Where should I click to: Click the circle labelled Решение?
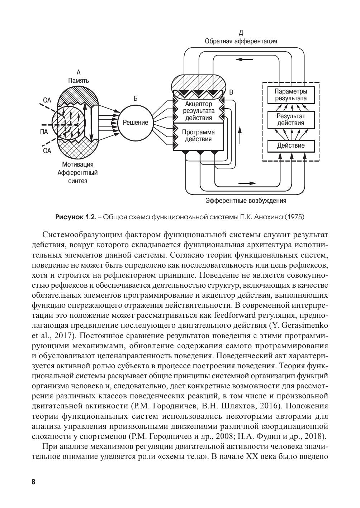pos(135,123)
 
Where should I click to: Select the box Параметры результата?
pos(291,95)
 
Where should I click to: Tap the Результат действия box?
pos(291,120)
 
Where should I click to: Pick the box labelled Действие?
pos(291,145)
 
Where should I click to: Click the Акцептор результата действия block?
pos(198,111)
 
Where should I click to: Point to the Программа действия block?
pos(198,136)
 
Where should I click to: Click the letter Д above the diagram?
pos(241,33)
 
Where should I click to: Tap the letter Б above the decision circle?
pos(135,98)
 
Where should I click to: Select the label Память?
pos(79,81)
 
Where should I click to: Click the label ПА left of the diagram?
pos(44,132)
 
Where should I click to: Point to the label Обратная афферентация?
pos(241,41)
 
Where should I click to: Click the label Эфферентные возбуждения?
pos(246,201)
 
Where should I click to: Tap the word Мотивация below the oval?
pos(77,165)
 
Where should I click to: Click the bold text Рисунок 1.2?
pos(76,217)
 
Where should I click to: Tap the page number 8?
pos(33,481)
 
